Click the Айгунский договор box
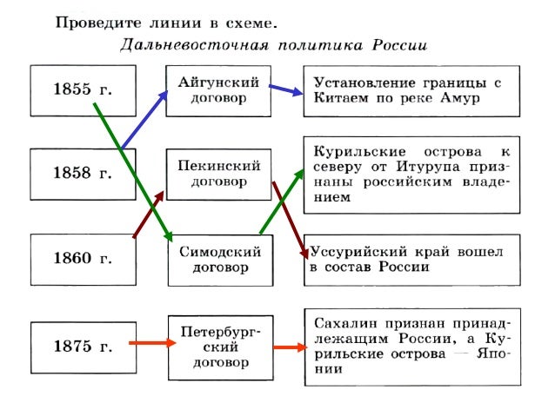(x=217, y=89)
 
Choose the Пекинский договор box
(x=217, y=173)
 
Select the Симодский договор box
(x=217, y=258)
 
